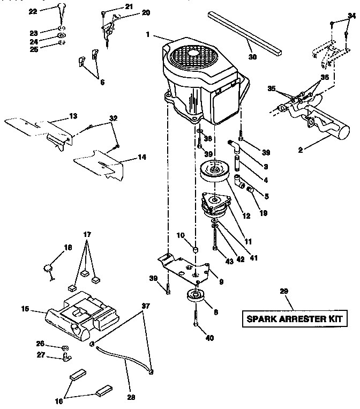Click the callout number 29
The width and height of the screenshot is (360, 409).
coord(284,292)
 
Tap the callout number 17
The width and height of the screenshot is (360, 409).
coord(87,234)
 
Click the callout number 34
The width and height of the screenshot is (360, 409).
coord(351,17)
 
